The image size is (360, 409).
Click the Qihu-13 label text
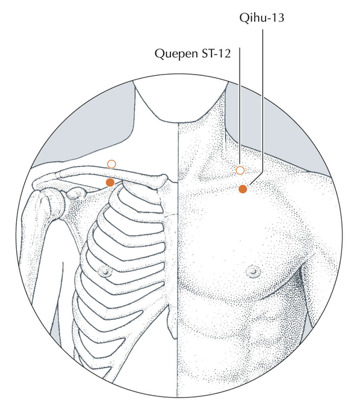[262, 18]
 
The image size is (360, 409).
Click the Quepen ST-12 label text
[193, 54]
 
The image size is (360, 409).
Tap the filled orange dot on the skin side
[243, 189]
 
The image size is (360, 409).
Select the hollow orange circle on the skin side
[240, 170]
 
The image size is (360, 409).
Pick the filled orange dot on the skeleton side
[110, 182]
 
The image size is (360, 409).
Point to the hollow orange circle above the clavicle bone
[111, 164]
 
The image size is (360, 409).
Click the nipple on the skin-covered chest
[253, 272]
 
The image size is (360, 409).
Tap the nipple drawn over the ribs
[105, 271]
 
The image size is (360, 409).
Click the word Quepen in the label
[176, 54]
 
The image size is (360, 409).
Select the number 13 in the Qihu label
[278, 17]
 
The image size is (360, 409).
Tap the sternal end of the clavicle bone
[163, 180]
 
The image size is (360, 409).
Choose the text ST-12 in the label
[216, 54]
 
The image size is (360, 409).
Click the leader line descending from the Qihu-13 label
[262, 104]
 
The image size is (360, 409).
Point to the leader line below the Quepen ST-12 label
[240, 106]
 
